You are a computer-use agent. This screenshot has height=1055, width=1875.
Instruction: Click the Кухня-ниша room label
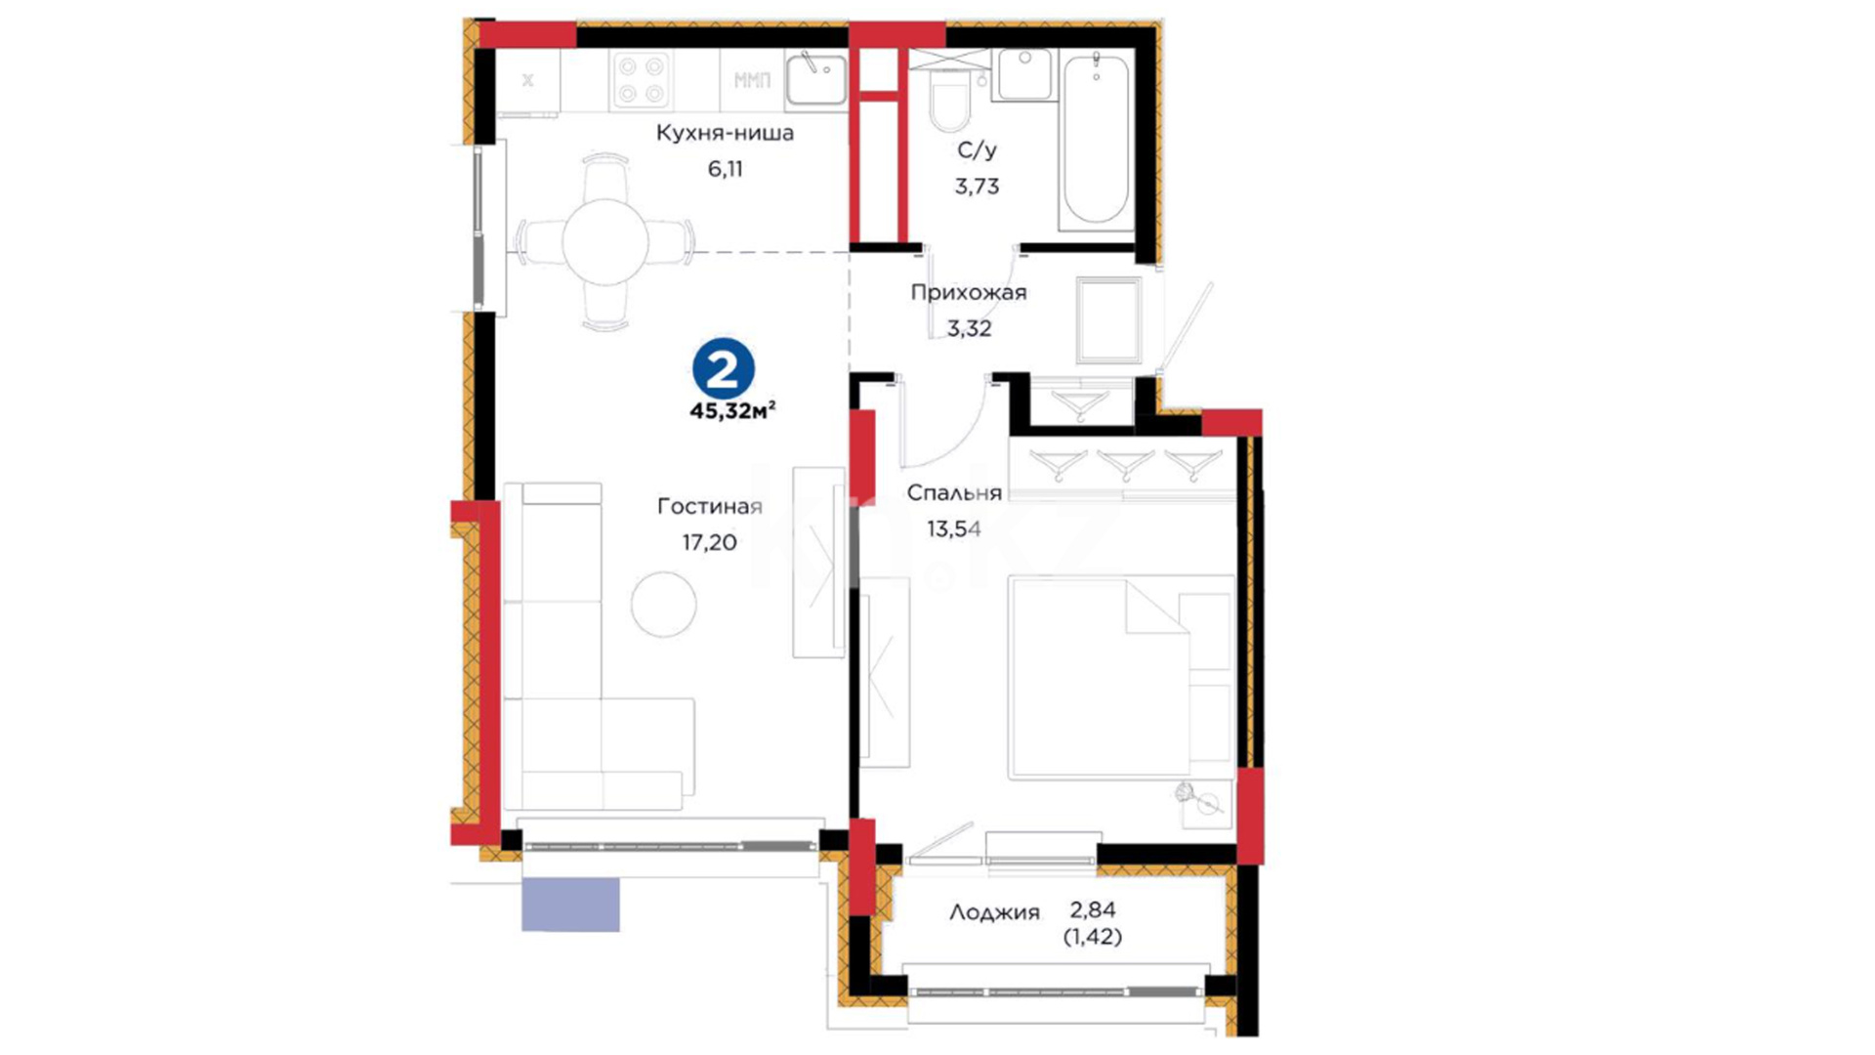[x=725, y=133]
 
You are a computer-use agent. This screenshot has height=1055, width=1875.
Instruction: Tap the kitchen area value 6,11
[x=726, y=169]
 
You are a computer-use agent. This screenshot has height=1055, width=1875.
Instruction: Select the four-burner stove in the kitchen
[x=642, y=80]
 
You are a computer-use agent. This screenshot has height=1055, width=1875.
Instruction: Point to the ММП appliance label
[x=752, y=80]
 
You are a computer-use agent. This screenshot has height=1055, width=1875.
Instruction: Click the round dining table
[x=605, y=241]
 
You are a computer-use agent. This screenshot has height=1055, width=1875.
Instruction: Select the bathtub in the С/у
[x=1096, y=140]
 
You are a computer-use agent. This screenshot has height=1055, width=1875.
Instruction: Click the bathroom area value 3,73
[x=977, y=186]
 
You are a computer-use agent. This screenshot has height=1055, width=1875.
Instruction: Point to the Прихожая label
[x=969, y=292]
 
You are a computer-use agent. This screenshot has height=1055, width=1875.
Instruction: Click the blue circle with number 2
[x=724, y=369]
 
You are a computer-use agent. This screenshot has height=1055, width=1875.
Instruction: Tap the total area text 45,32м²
[x=732, y=411]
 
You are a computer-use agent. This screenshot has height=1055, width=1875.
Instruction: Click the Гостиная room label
[x=710, y=506]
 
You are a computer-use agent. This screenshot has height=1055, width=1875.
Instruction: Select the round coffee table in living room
[x=663, y=605]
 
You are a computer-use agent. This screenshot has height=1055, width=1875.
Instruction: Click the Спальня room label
[x=954, y=492]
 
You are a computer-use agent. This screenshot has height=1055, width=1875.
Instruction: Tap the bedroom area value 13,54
[x=954, y=529]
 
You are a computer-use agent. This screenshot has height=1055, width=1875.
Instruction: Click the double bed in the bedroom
[x=1121, y=677]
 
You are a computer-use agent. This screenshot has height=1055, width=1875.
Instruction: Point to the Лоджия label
[x=994, y=912]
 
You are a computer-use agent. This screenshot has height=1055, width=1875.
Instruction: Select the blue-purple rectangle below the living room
[x=570, y=905]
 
